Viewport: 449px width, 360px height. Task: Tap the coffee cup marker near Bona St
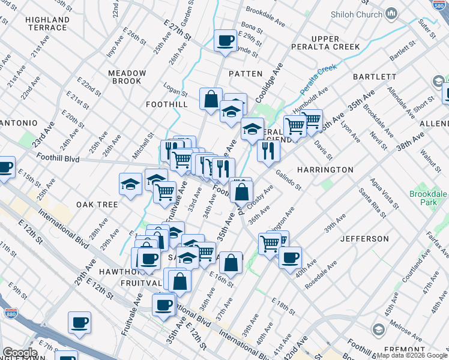coord(225,41)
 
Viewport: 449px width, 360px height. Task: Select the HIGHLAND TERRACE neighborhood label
coord(46,23)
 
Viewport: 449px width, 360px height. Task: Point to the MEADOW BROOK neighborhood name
coord(127,77)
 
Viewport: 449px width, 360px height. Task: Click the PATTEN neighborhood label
coord(246,73)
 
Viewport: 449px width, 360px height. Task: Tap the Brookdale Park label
coord(429,198)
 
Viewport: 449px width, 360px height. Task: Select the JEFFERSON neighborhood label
coord(364,238)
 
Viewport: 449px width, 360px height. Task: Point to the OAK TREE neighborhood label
coord(97,205)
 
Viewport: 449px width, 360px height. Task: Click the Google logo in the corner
coord(19,353)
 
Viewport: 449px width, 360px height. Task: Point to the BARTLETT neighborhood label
coord(374,77)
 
